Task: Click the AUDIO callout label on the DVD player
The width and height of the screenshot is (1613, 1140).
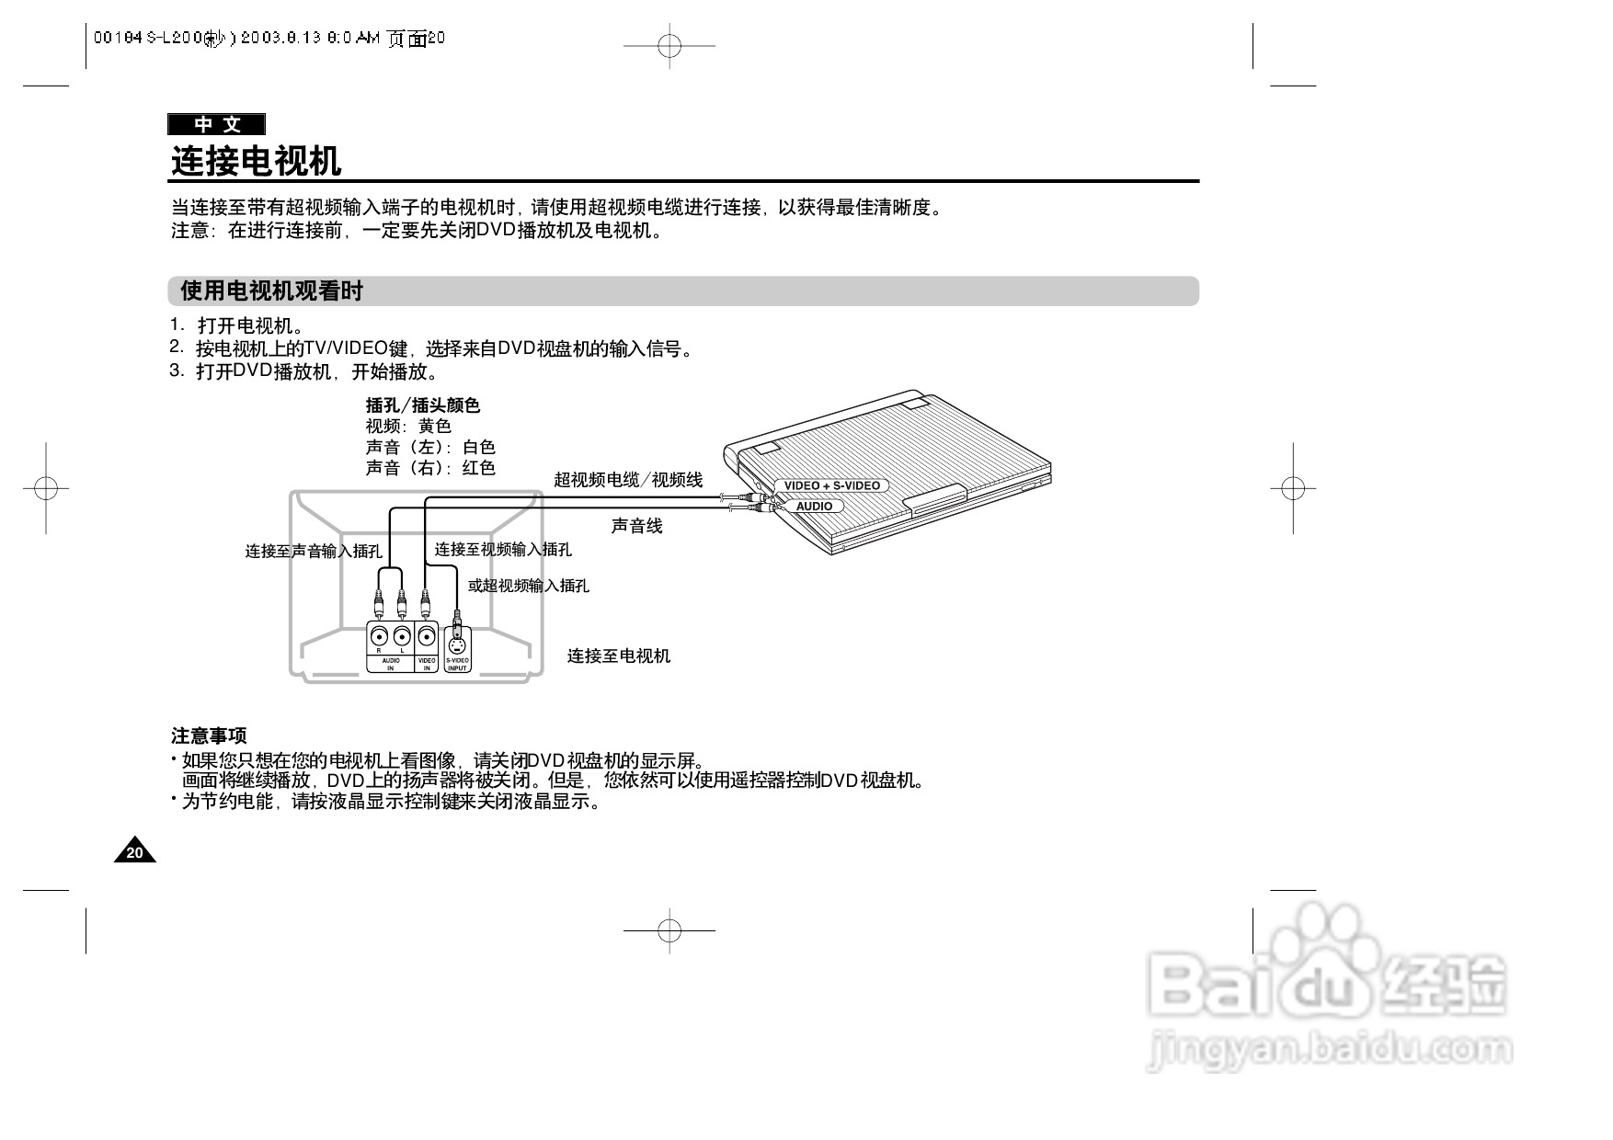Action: point(814,507)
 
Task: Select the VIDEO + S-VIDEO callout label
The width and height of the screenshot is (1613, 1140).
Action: point(831,485)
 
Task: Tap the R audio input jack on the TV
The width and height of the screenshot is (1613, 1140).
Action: point(379,636)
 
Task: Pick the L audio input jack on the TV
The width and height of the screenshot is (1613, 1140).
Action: point(402,636)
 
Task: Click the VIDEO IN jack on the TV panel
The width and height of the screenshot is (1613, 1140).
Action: point(426,636)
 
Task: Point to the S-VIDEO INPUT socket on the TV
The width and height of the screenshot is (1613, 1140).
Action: point(457,640)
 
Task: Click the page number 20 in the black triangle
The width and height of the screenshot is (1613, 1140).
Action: point(135,853)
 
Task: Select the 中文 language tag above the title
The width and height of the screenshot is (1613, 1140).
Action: point(217,125)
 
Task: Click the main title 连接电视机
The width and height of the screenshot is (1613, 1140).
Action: point(257,162)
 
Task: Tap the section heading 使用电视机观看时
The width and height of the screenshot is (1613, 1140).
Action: point(272,291)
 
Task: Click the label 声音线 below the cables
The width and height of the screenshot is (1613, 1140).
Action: point(636,527)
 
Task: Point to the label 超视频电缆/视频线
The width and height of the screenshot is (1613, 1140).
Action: point(628,480)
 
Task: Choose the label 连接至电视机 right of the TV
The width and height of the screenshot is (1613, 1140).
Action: point(618,655)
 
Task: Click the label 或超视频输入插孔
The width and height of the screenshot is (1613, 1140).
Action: point(529,586)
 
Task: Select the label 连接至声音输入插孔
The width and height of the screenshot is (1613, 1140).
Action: point(314,552)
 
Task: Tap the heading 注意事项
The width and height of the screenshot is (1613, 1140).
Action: point(209,736)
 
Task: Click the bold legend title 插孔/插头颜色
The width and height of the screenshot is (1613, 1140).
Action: point(423,405)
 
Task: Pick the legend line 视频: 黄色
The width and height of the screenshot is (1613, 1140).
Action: point(408,427)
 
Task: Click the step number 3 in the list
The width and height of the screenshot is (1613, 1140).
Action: point(175,370)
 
